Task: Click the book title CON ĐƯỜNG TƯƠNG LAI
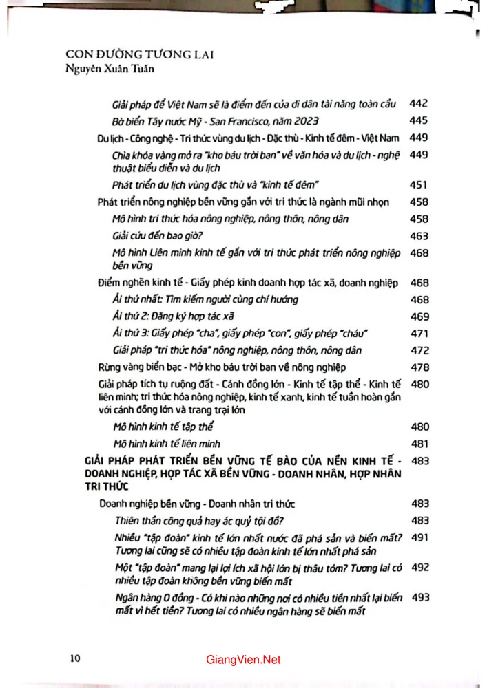point(138,54)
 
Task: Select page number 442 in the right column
point(419,104)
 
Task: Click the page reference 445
point(419,121)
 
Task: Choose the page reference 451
point(419,185)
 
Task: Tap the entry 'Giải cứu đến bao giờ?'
point(152,236)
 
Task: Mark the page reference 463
point(419,236)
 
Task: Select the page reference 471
point(419,333)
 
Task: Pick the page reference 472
point(419,350)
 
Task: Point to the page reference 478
point(419,367)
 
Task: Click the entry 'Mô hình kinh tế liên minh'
point(170,444)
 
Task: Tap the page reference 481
point(419,444)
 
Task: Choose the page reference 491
point(419,537)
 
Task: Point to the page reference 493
point(419,598)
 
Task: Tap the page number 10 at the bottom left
point(75,658)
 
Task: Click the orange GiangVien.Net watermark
point(244,660)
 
